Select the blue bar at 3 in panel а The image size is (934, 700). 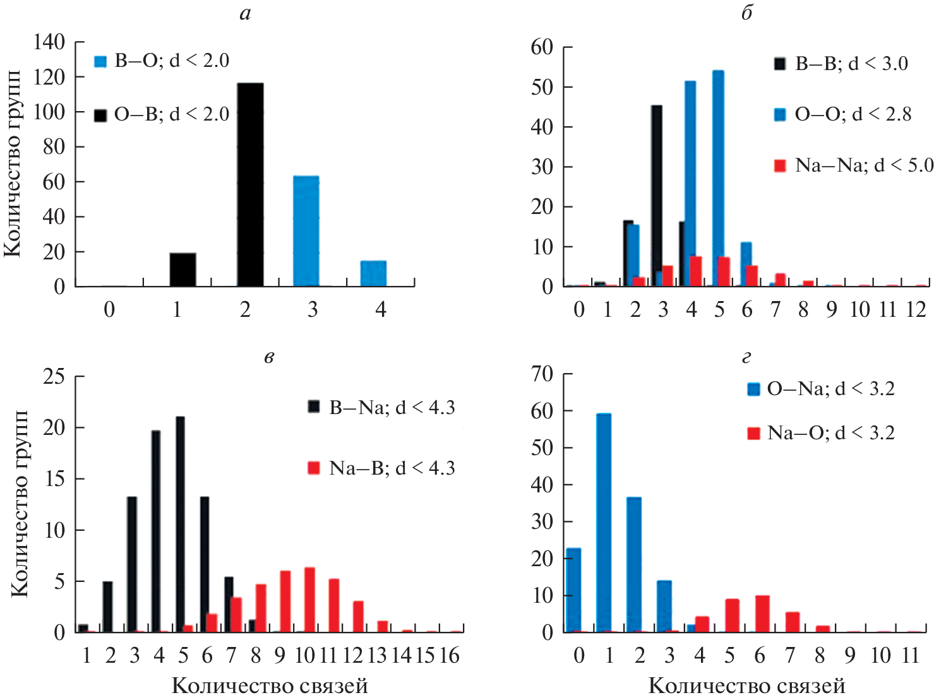coord(306,231)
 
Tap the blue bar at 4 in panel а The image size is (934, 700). coord(373,273)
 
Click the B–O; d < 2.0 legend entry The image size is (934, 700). coord(162,61)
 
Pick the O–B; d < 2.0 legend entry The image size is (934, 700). coord(162,114)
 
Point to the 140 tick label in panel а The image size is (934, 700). coord(49,42)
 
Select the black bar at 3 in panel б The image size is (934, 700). coord(657,196)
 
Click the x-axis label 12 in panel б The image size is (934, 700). coord(916,309)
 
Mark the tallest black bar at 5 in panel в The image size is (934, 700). coord(181,524)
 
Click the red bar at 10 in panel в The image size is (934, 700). coord(309,600)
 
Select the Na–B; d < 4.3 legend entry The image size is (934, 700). coord(381,468)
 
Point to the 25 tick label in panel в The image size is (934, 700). coord(54,377)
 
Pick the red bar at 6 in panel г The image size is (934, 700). coord(762,613)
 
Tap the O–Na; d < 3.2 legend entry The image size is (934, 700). coord(821,389)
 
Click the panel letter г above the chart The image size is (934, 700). coord(746,358)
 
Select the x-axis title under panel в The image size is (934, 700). coord(270,686)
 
